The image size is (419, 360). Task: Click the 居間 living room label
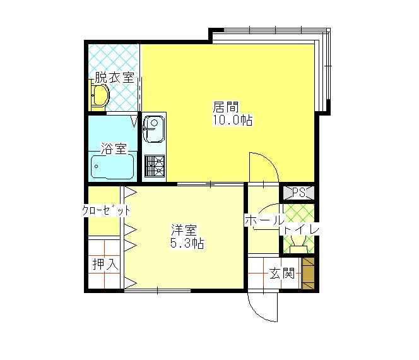(x=225, y=107)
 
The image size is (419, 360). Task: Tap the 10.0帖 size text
(x=232, y=120)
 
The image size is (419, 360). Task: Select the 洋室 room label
(x=184, y=231)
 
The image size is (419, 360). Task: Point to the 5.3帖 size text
(x=187, y=243)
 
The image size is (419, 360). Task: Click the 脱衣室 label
(x=114, y=77)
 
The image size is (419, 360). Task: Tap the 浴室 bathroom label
(x=114, y=148)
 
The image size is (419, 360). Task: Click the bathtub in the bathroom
(x=112, y=167)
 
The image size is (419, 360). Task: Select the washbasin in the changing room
(x=100, y=97)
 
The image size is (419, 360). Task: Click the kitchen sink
(x=153, y=129)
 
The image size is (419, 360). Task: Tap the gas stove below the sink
(x=155, y=166)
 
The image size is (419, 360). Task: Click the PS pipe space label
(x=298, y=192)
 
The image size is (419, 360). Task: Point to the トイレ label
(x=301, y=230)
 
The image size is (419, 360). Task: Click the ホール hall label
(x=264, y=220)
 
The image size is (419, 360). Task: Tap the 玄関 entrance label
(x=281, y=273)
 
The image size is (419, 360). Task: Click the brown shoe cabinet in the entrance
(x=308, y=273)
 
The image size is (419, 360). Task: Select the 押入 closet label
(x=105, y=264)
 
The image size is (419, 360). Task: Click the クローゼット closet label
(x=106, y=210)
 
